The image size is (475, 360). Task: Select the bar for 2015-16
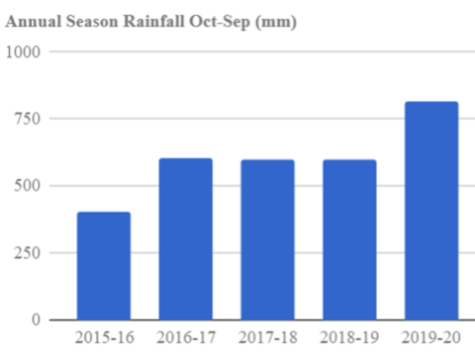(x=104, y=265)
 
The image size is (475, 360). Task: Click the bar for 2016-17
(x=186, y=238)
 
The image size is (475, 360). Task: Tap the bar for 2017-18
(x=267, y=239)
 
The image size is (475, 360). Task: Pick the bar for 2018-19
(x=349, y=239)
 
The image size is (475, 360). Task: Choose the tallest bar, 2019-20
(x=431, y=211)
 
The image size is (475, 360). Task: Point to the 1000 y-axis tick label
(x=25, y=51)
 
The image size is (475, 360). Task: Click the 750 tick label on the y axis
(x=29, y=119)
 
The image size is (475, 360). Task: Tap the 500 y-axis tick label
(x=29, y=186)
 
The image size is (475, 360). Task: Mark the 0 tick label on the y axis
(x=38, y=319)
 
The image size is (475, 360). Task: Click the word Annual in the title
(x=33, y=21)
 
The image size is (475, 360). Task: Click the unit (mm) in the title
(x=276, y=21)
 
